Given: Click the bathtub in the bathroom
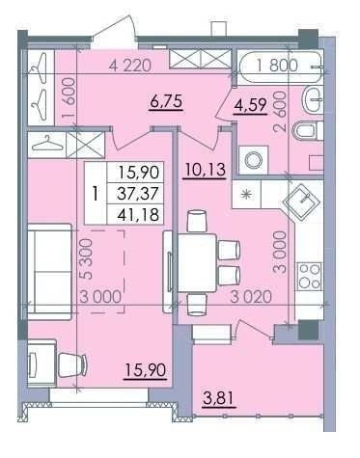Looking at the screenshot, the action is click(281, 67).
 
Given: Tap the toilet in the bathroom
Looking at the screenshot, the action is click(308, 131).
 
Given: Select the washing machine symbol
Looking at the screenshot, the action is click(253, 160).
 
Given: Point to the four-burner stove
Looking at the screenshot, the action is click(310, 275).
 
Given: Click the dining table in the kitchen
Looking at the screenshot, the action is click(197, 263).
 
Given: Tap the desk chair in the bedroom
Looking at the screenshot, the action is click(72, 364).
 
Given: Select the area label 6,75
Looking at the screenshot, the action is click(166, 101).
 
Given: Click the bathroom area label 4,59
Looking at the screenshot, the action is click(251, 105).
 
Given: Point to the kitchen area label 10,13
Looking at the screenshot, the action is click(205, 170).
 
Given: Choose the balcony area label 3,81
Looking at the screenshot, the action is click(219, 399).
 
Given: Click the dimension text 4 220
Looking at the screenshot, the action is click(129, 66).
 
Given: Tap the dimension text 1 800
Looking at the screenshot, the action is click(277, 66).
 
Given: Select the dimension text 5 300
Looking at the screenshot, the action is click(87, 258).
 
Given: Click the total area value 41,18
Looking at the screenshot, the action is click(138, 214).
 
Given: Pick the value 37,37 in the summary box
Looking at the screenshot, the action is click(138, 194).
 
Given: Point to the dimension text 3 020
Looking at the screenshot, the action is click(251, 297).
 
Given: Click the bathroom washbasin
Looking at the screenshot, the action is click(312, 100).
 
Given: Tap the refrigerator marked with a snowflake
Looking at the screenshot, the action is click(246, 194).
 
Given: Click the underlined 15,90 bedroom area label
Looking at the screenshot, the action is click(146, 371).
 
